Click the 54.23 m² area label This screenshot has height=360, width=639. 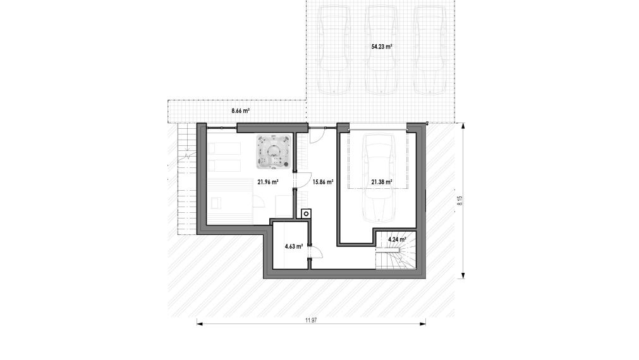[x=382, y=47]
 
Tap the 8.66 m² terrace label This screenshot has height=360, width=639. [x=240, y=111]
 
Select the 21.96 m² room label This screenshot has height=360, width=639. [x=268, y=182]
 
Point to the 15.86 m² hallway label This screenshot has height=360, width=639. [x=323, y=182]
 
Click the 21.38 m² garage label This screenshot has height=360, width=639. [x=382, y=182]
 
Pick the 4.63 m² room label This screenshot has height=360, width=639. [x=293, y=246]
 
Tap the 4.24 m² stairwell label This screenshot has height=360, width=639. [x=397, y=239]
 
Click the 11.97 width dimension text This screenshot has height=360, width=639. [x=311, y=320]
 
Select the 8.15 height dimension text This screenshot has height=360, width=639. [x=459, y=201]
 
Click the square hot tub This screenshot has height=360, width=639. [x=274, y=152]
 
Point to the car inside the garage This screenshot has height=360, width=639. [x=379, y=178]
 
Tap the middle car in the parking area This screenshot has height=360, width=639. [x=381, y=50]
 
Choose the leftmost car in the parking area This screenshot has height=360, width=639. [x=334, y=50]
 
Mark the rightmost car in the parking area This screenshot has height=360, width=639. [x=430, y=50]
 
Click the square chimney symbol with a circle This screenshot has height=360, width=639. [x=306, y=214]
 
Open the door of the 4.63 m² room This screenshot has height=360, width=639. [x=315, y=253]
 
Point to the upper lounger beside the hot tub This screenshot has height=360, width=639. [x=224, y=148]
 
